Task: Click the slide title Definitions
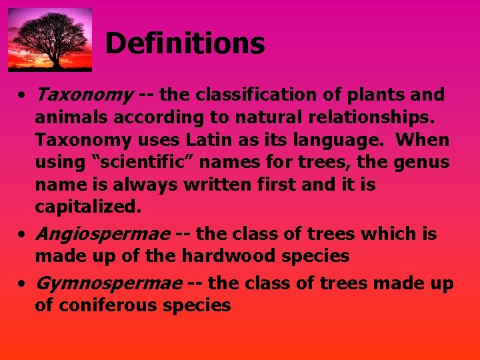[185, 44]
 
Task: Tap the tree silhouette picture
[50, 39]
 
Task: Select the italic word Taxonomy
[84, 95]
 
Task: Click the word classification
[245, 95]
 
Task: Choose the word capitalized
[88, 207]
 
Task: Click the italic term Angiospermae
[103, 234]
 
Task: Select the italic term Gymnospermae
[108, 283]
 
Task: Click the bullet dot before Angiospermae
[22, 235]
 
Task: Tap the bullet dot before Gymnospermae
[22, 284]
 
